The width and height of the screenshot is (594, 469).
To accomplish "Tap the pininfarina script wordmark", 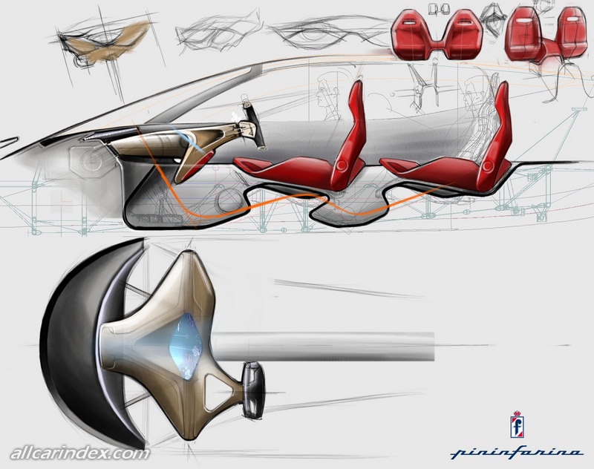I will coord(516,450).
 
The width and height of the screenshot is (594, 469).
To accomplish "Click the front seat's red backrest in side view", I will coord(350,122).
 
